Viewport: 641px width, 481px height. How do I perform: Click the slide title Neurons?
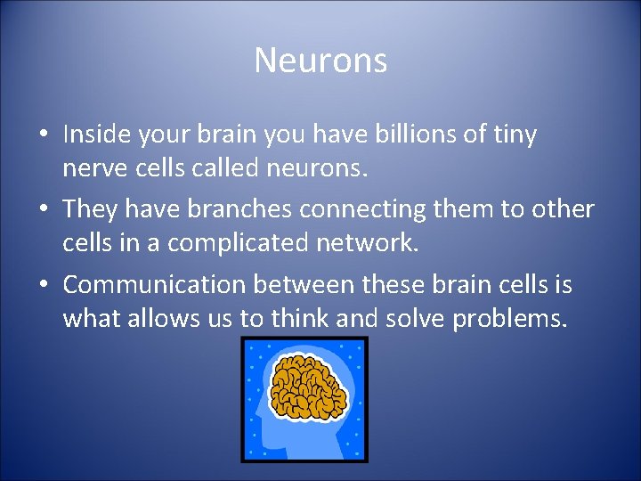(320, 61)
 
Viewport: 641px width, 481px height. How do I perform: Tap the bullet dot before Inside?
(44, 136)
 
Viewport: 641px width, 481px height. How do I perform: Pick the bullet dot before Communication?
(44, 286)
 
